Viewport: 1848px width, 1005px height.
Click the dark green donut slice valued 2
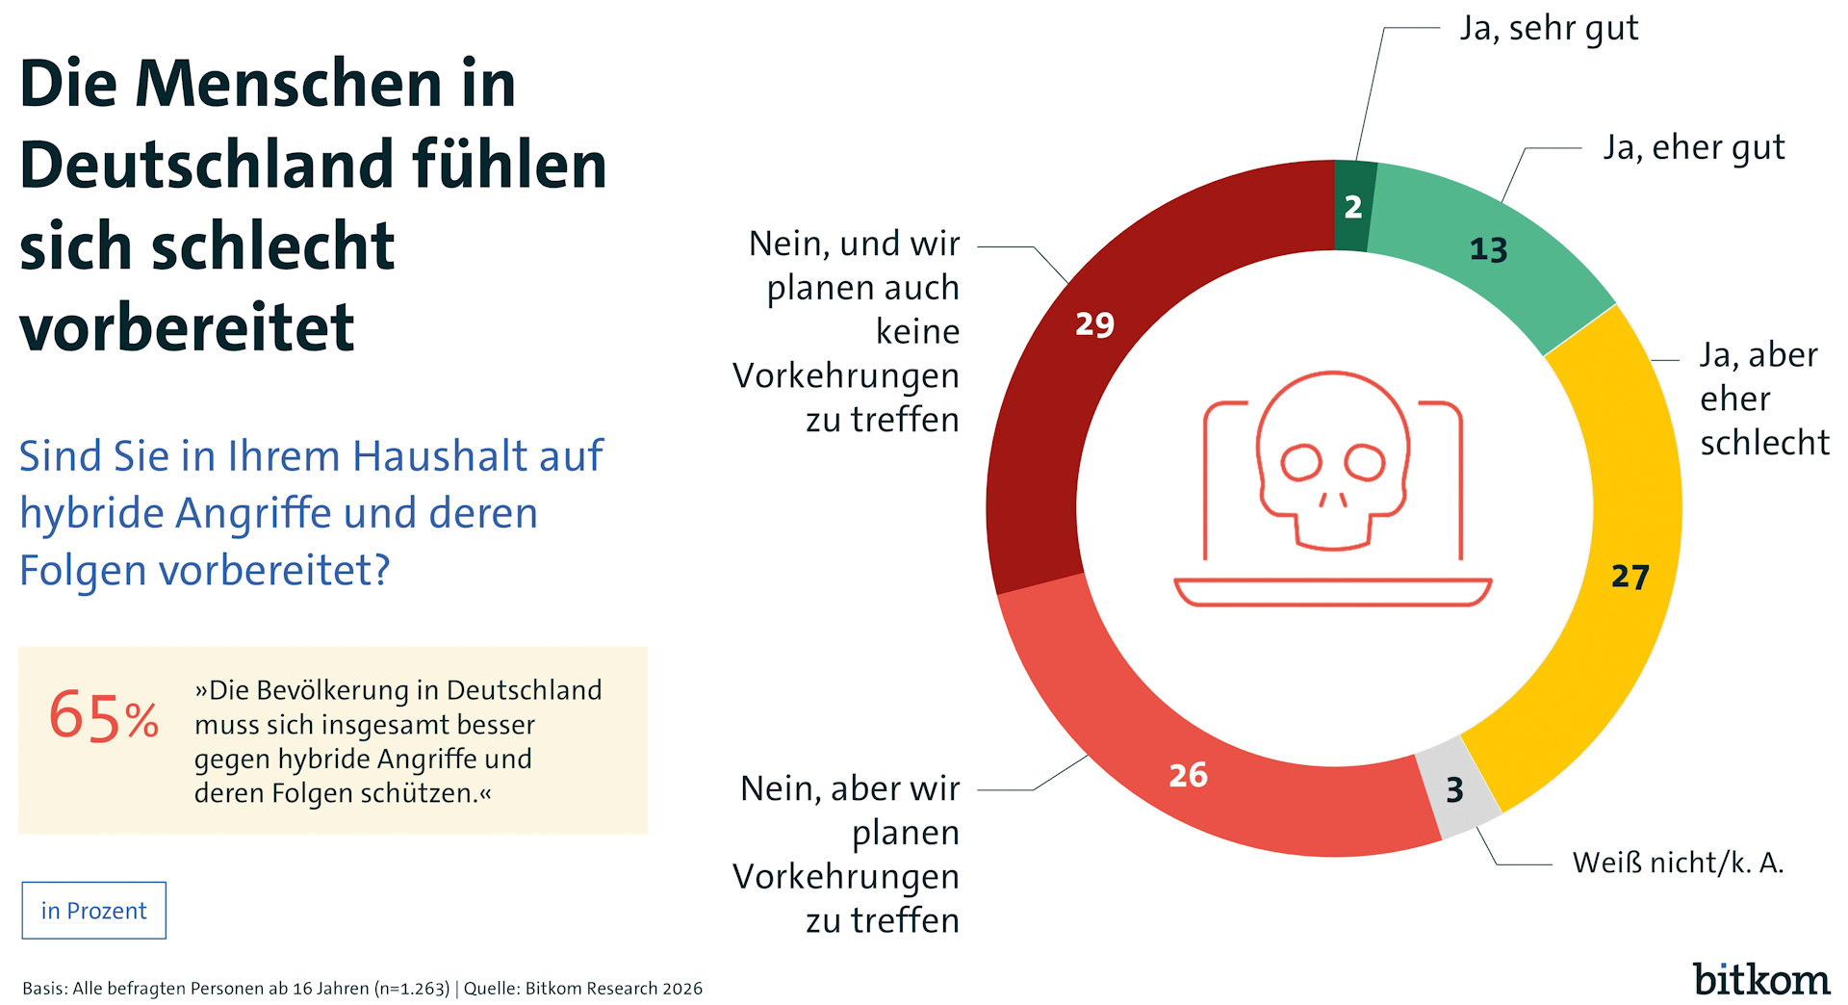[1353, 206]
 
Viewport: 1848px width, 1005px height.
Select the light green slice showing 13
[1488, 250]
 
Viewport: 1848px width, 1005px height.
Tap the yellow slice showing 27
[1630, 576]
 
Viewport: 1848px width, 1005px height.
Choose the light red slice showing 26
[1188, 775]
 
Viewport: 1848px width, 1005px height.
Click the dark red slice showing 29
[1094, 324]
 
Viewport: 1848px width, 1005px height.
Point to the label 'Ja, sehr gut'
[1549, 29]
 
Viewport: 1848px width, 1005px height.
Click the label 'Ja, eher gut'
[1693, 148]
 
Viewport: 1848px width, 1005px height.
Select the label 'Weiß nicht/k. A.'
[1678, 863]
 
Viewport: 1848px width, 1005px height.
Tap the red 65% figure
[103, 717]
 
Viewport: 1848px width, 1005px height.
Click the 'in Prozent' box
[94, 911]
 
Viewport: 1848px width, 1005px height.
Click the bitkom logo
[1761, 979]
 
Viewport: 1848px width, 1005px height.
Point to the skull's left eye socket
[1301, 462]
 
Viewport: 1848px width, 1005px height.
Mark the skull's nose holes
[1333, 499]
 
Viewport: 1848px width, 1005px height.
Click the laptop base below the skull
[1333, 591]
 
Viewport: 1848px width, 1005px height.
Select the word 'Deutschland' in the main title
[206, 165]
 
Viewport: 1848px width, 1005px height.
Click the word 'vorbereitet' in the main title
[187, 327]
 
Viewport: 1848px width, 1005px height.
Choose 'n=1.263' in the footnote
[411, 989]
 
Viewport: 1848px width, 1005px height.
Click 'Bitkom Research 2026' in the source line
[613, 989]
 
